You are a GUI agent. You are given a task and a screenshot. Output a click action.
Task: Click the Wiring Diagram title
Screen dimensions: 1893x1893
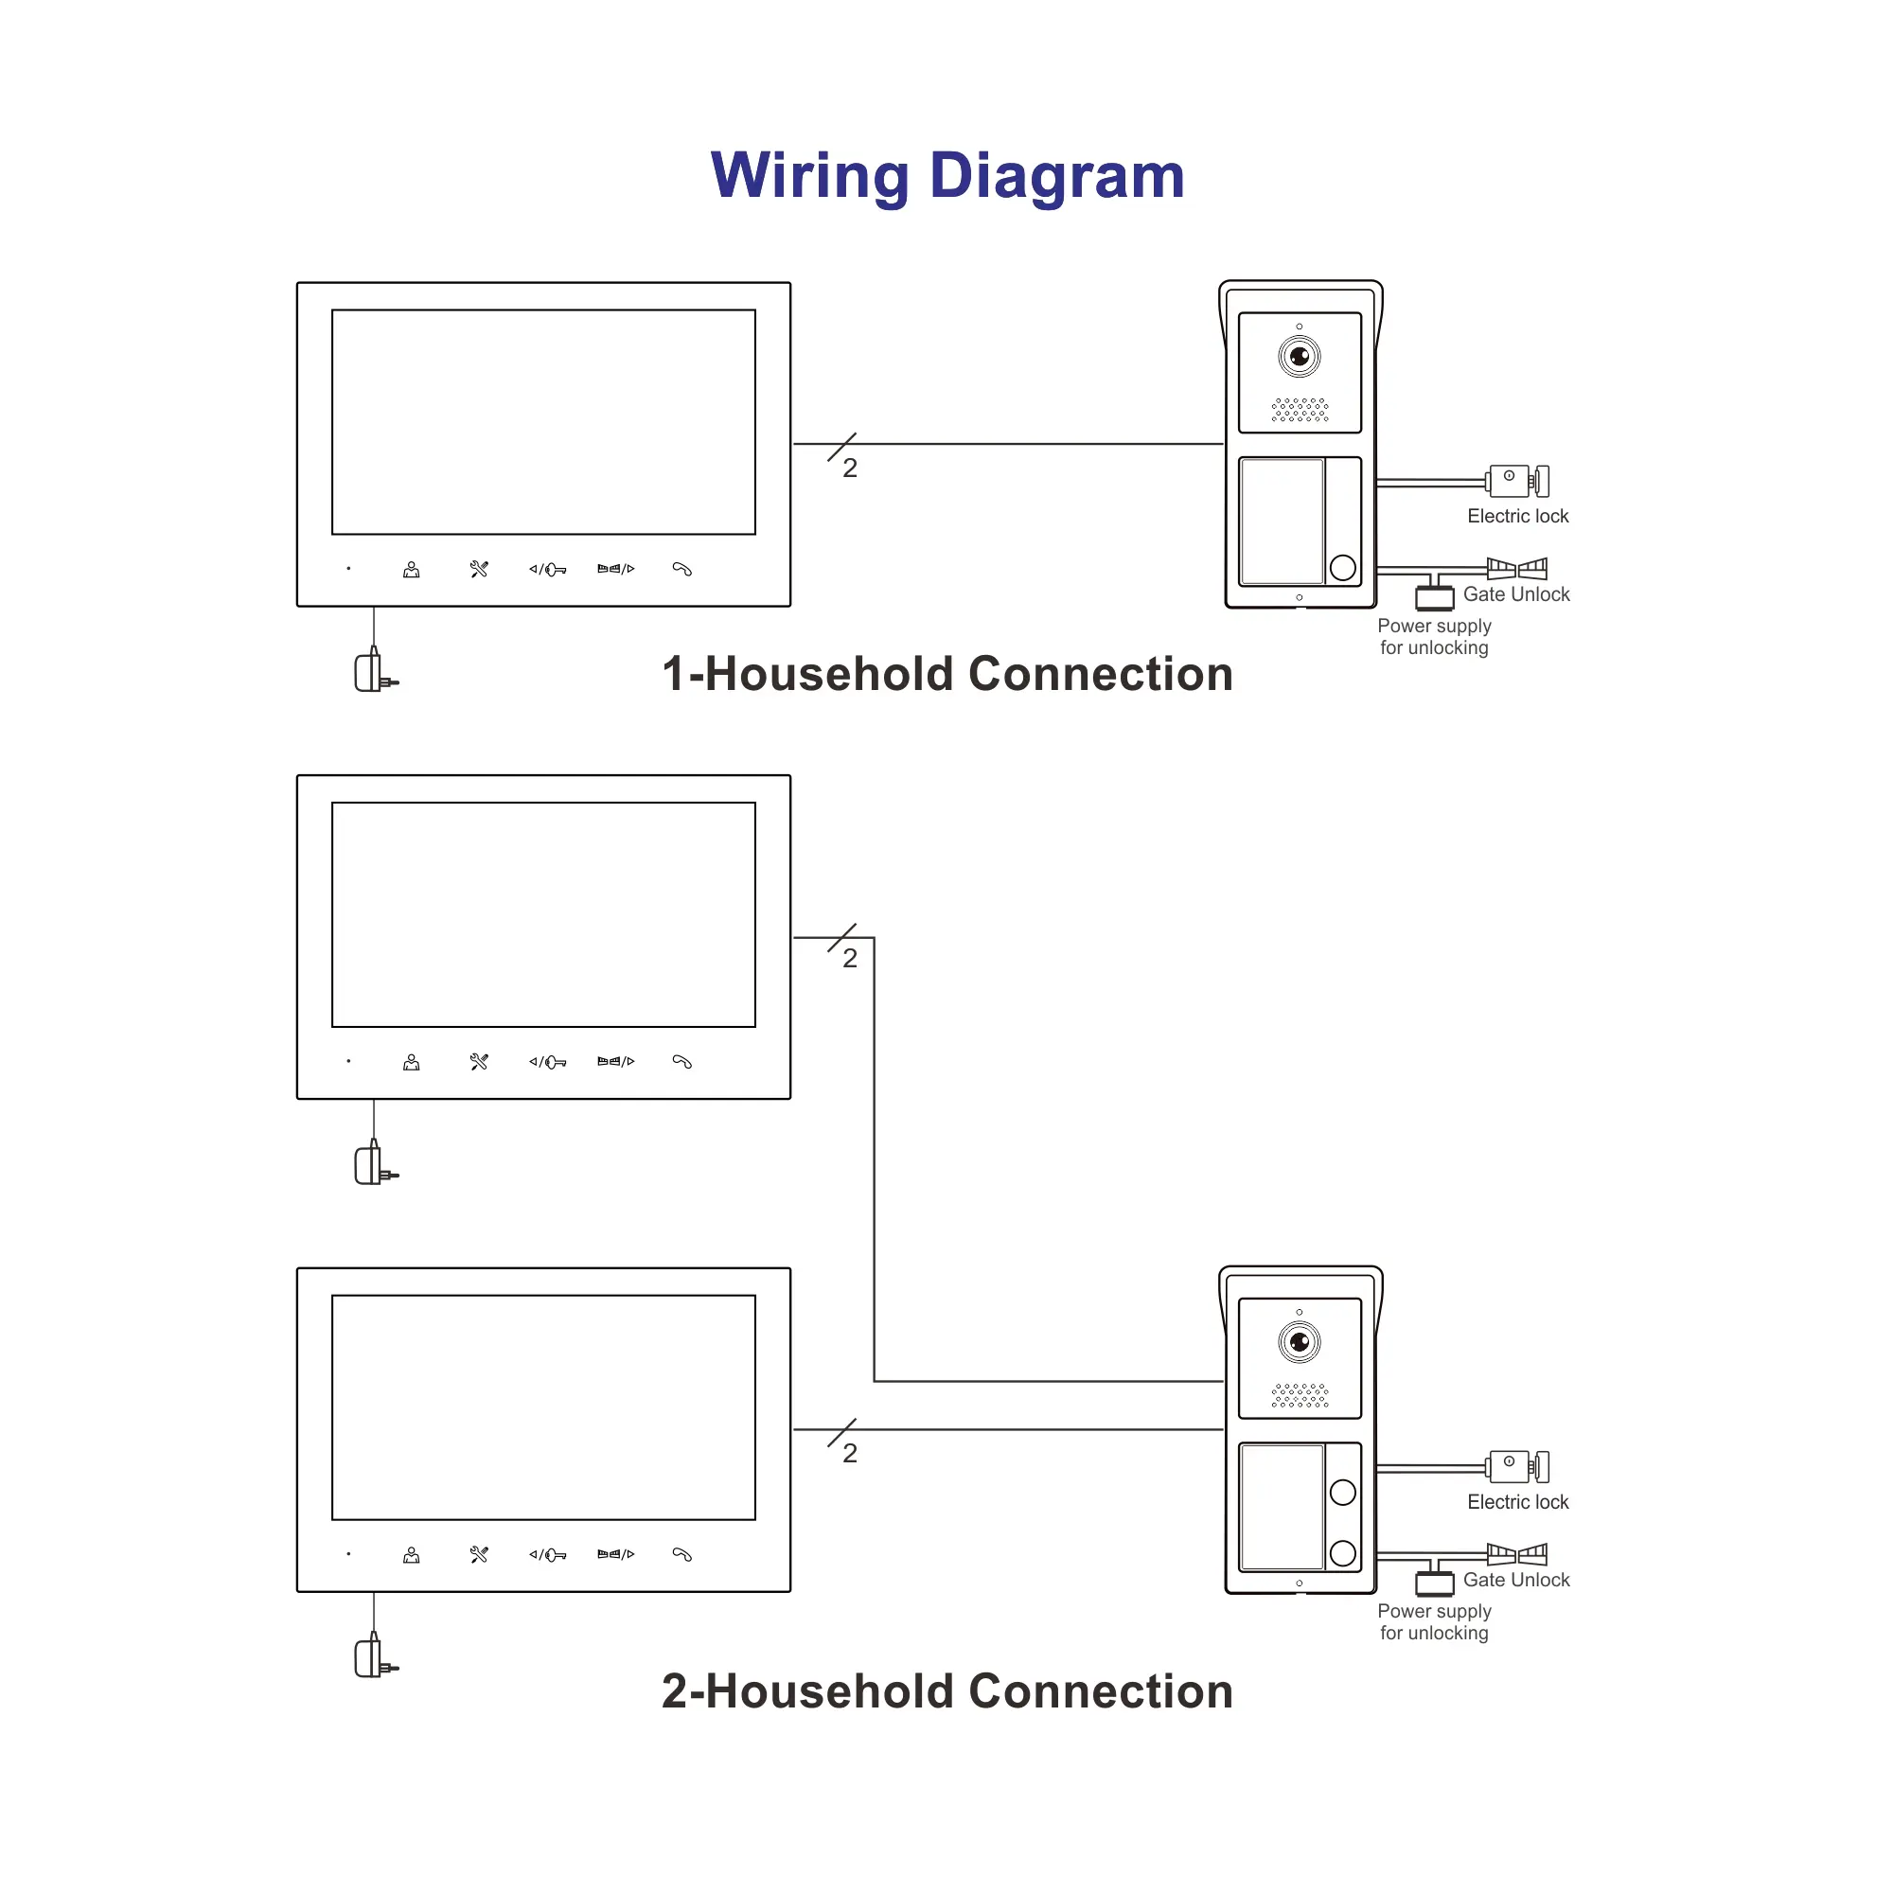946,176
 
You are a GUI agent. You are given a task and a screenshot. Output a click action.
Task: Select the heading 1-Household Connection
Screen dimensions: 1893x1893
946,674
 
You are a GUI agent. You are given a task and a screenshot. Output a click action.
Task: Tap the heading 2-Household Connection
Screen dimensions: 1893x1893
946,1691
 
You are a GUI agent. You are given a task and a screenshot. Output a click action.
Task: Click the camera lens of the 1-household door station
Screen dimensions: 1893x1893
1300,356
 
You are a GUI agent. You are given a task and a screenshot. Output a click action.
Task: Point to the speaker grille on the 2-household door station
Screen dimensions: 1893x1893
1300,1395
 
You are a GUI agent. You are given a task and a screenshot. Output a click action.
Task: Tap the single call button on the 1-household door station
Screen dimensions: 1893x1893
1342,567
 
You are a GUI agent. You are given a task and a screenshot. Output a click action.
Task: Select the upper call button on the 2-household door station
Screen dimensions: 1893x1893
1342,1492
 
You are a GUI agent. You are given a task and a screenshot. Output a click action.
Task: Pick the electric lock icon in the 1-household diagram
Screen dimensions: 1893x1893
1516,481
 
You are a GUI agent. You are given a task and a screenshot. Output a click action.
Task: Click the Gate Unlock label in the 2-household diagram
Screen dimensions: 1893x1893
1515,1580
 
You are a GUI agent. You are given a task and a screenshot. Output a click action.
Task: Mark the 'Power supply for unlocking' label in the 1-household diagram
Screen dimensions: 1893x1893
1433,637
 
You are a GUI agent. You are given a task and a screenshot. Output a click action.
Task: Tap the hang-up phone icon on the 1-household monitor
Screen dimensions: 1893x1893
681,569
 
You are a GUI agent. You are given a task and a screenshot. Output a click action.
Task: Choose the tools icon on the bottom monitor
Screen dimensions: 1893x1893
479,1554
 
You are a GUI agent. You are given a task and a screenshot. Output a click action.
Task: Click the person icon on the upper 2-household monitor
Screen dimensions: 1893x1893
412,1062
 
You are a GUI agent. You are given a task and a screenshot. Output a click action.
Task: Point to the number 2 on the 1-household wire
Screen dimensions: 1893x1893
850,469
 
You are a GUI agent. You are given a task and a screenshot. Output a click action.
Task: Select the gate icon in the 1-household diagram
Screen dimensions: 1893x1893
1516,568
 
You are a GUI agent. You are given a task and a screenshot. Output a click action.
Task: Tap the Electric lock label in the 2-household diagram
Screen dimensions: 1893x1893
1516,1502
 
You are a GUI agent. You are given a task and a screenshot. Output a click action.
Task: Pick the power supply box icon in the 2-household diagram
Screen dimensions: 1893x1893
1433,1583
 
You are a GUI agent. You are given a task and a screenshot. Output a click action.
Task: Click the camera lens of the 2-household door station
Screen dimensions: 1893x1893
1300,1341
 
